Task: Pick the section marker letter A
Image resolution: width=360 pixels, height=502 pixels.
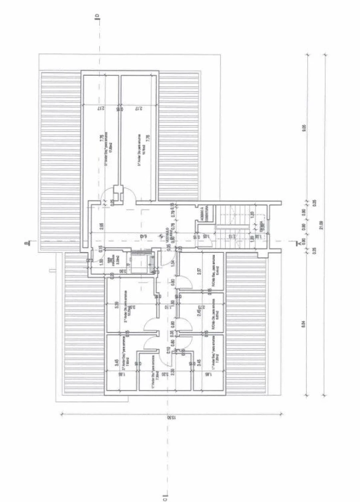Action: (296, 242)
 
